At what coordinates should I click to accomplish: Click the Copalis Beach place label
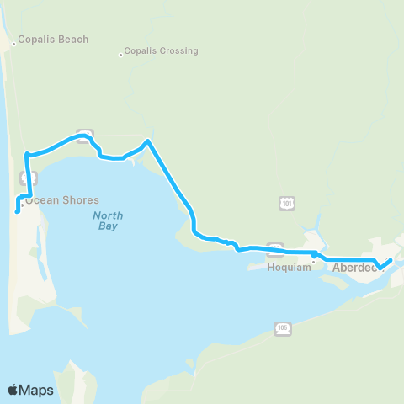(54, 40)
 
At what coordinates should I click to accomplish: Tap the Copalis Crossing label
(161, 50)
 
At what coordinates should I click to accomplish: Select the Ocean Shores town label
(62, 200)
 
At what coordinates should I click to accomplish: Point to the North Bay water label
(107, 221)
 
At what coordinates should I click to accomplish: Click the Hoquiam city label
(289, 268)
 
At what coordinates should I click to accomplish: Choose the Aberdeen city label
(353, 267)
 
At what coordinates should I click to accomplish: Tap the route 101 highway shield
(288, 204)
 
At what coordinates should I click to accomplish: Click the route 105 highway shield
(283, 328)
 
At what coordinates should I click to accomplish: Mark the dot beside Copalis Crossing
(120, 56)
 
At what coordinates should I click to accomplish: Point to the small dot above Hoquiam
(313, 261)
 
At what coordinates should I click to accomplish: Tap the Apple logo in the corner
(13, 390)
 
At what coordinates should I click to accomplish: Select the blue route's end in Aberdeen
(391, 259)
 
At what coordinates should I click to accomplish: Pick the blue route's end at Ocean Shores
(17, 212)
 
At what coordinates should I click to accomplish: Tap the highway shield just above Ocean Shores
(24, 178)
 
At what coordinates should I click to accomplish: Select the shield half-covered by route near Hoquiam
(274, 248)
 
